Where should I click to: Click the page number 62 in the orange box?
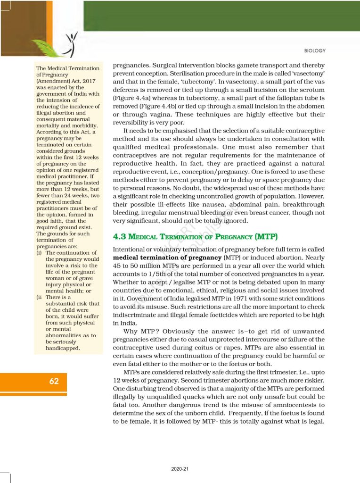[54, 381]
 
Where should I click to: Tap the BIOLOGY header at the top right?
[315, 51]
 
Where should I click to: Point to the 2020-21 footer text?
[180, 469]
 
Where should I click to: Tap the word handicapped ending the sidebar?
[63, 348]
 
